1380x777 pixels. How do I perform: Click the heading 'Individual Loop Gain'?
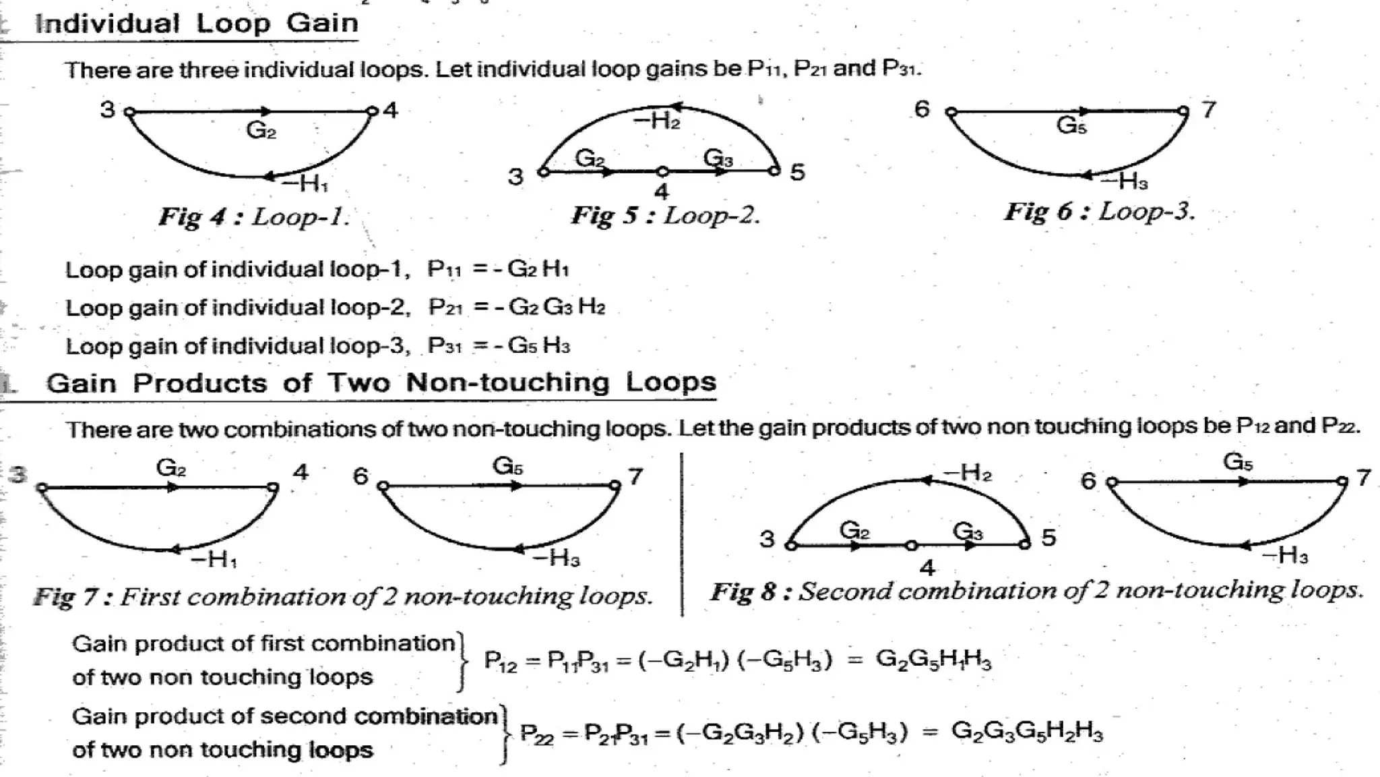[196, 24]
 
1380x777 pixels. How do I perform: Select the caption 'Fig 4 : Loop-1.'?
[254, 217]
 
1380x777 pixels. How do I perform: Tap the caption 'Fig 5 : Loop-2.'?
[666, 216]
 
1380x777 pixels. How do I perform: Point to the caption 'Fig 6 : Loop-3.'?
[1100, 212]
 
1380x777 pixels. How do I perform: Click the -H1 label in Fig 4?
[305, 183]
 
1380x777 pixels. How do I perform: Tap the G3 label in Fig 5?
[718, 159]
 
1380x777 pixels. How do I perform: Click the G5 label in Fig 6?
[1071, 125]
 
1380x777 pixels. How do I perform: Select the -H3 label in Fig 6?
[1124, 181]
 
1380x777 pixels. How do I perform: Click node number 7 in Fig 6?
[1209, 109]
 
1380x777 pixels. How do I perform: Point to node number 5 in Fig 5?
[797, 173]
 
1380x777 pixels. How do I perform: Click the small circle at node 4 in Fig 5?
[662, 172]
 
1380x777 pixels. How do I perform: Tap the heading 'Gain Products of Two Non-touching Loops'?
[381, 383]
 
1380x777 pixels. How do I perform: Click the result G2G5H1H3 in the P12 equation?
[933, 659]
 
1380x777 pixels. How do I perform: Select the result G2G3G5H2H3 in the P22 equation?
[1027, 731]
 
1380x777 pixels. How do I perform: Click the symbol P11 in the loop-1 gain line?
[444, 270]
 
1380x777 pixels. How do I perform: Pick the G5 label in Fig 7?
[507, 466]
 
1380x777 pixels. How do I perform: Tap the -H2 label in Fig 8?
[968, 473]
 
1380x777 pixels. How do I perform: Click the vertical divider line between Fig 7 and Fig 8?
[682, 533]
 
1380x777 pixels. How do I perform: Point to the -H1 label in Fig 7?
[214, 560]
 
